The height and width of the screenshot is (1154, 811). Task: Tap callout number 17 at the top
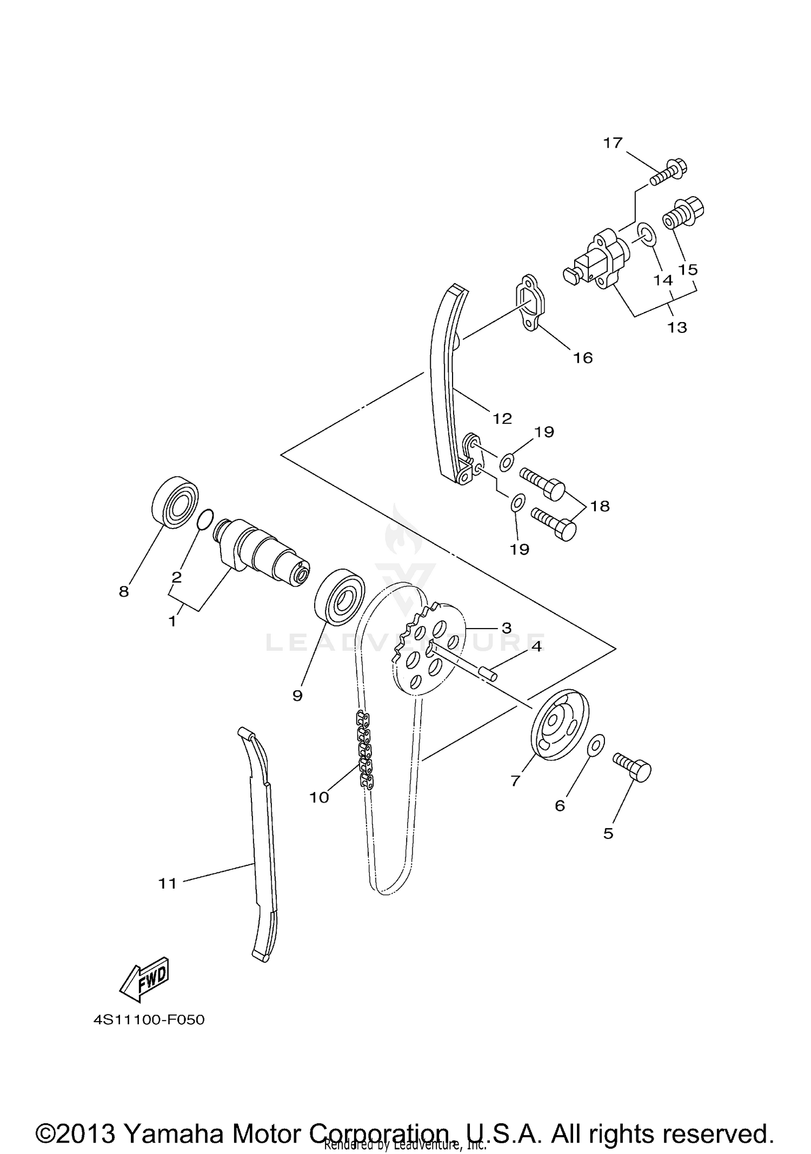(613, 143)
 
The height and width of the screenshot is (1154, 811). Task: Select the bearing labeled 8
(174, 501)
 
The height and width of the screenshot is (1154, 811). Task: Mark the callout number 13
(677, 327)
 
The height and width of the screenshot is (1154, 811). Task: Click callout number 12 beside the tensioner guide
(502, 418)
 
